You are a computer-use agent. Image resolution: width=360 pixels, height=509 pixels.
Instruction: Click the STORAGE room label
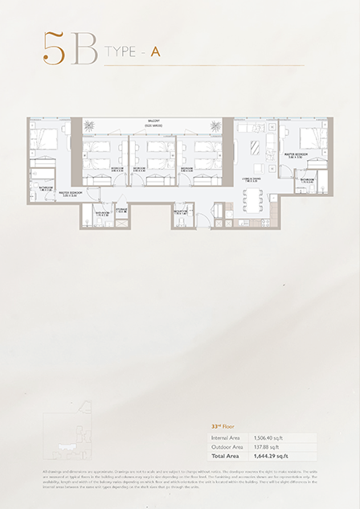122,211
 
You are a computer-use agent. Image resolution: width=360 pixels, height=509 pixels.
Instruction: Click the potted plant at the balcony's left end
89,124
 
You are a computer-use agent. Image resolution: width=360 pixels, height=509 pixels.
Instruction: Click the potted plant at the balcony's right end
215,124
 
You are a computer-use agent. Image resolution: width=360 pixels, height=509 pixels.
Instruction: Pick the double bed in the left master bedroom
47,138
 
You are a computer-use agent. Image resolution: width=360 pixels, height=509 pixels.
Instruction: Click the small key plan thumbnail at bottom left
65,437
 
